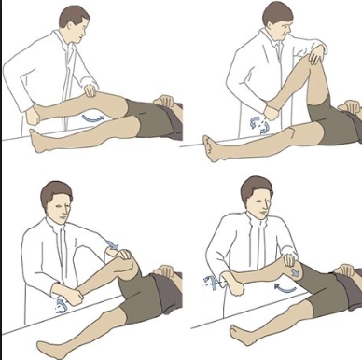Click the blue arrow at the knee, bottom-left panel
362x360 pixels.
[x=114, y=245]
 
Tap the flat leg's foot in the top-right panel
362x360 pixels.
[x=212, y=146]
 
